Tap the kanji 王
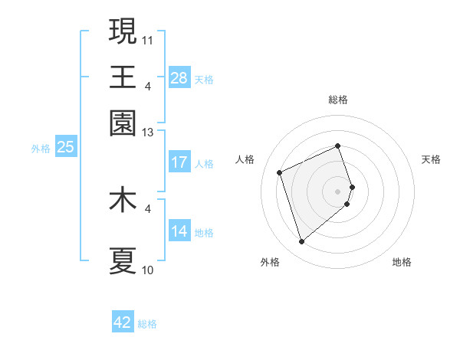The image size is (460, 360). pos(123,77)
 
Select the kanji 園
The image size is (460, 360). pos(123,123)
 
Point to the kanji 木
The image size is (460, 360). pos(123,201)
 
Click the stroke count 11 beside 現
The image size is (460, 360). pos(148,38)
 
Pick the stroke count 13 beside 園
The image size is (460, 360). pos(148,133)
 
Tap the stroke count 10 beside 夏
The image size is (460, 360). pos(148,270)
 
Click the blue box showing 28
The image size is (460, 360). pos(179,77)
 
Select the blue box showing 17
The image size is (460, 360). pos(179,162)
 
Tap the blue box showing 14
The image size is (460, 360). pos(179,231)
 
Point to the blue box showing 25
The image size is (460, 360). pos(66,147)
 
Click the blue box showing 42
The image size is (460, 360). pos(123,322)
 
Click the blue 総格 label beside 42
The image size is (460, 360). pos(147,324)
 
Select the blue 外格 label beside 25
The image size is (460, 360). pos(41,149)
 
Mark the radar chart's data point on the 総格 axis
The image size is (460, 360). pos(337,146)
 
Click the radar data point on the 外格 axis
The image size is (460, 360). pos(301,242)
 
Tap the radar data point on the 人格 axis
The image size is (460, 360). pos(280,172)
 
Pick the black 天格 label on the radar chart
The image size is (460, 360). pos(431,159)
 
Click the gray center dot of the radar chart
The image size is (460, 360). pos(337,190)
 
